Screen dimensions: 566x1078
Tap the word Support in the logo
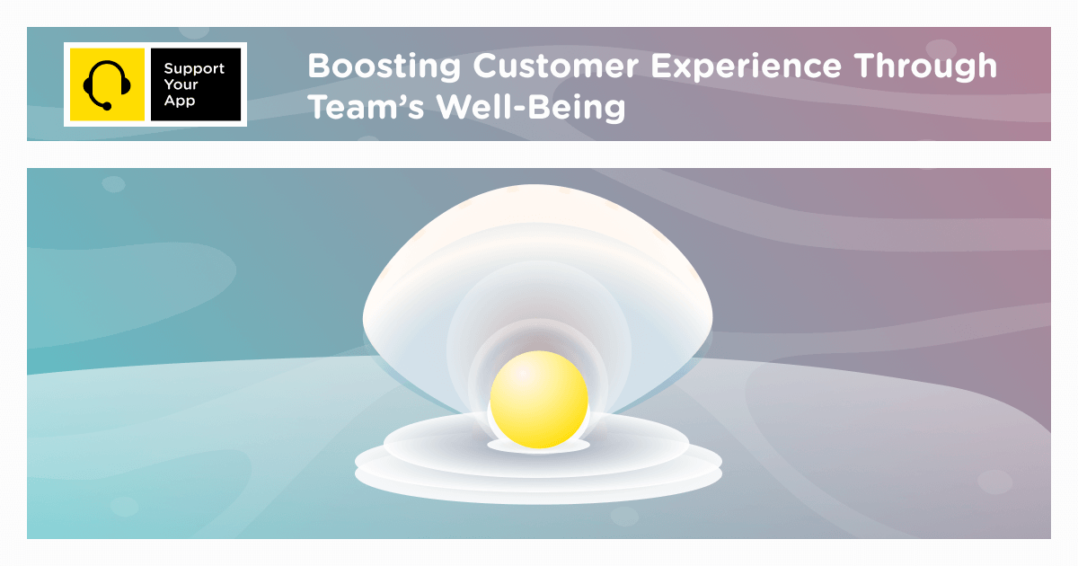pos(194,68)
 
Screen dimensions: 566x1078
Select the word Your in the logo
pos(181,84)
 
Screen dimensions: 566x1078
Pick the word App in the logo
pos(180,102)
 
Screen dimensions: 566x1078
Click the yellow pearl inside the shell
pos(539,400)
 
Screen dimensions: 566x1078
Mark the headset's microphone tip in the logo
pos(107,107)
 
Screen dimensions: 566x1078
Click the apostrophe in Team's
pos(401,98)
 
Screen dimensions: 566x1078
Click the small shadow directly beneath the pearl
pos(539,446)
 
